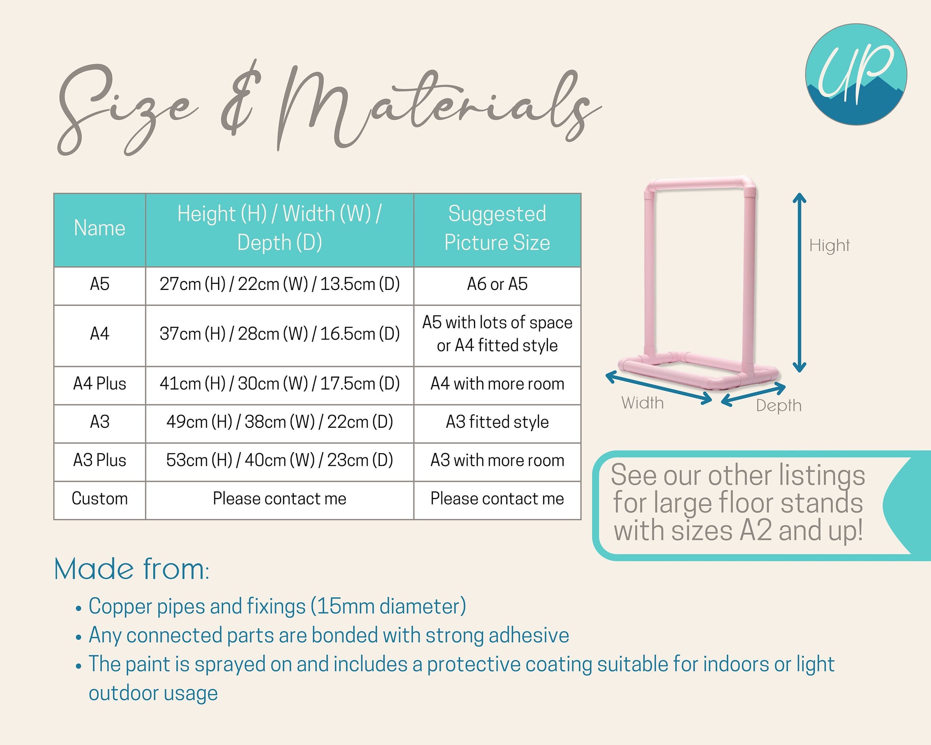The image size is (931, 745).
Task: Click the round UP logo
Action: [x=856, y=75]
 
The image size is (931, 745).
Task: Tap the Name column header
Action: [x=100, y=228]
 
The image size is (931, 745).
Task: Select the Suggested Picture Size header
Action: [x=497, y=228]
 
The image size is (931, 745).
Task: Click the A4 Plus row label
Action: [x=100, y=384]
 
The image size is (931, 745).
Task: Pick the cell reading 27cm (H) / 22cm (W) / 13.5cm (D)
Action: [x=279, y=284]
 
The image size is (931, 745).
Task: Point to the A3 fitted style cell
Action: [x=497, y=422]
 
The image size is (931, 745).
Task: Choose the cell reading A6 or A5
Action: [x=497, y=284]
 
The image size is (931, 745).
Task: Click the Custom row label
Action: [x=100, y=499]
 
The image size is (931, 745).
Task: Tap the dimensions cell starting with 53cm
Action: [x=279, y=460]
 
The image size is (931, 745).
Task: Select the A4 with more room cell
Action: [x=497, y=384]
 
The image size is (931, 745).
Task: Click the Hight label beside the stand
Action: [x=830, y=246]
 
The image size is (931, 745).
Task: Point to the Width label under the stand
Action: [x=643, y=403]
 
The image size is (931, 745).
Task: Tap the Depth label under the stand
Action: [x=779, y=406]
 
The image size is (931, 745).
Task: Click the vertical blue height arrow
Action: [x=799, y=282]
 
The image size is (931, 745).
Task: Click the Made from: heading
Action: [x=132, y=569]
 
